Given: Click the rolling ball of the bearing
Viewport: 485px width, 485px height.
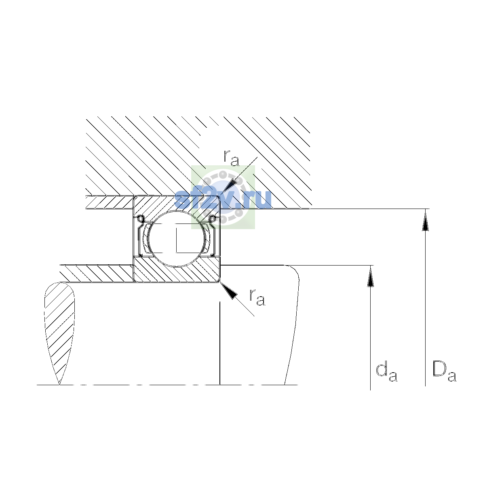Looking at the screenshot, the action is pyautogui.click(x=177, y=238).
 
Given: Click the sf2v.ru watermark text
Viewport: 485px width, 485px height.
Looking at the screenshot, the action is pyautogui.click(x=223, y=199).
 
